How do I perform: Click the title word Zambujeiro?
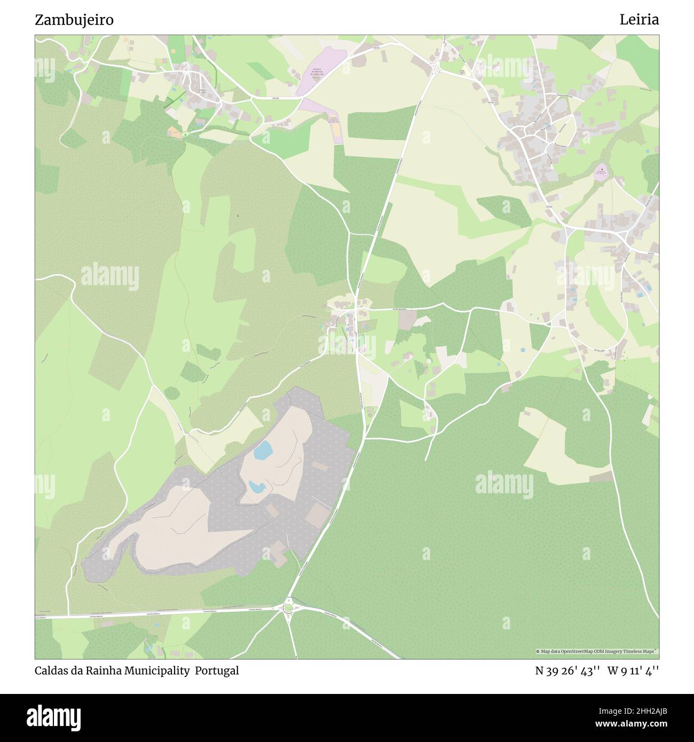click(x=74, y=20)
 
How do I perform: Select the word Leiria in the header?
click(x=638, y=20)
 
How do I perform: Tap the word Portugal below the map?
click(x=217, y=671)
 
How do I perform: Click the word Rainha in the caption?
click(x=105, y=671)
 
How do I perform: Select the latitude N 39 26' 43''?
click(x=568, y=671)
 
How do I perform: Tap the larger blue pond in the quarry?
click(x=263, y=451)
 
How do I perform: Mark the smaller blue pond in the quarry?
click(x=256, y=486)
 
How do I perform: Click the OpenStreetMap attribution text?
click(x=596, y=651)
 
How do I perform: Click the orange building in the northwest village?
click(x=175, y=131)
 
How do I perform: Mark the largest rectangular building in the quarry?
click(x=318, y=514)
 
